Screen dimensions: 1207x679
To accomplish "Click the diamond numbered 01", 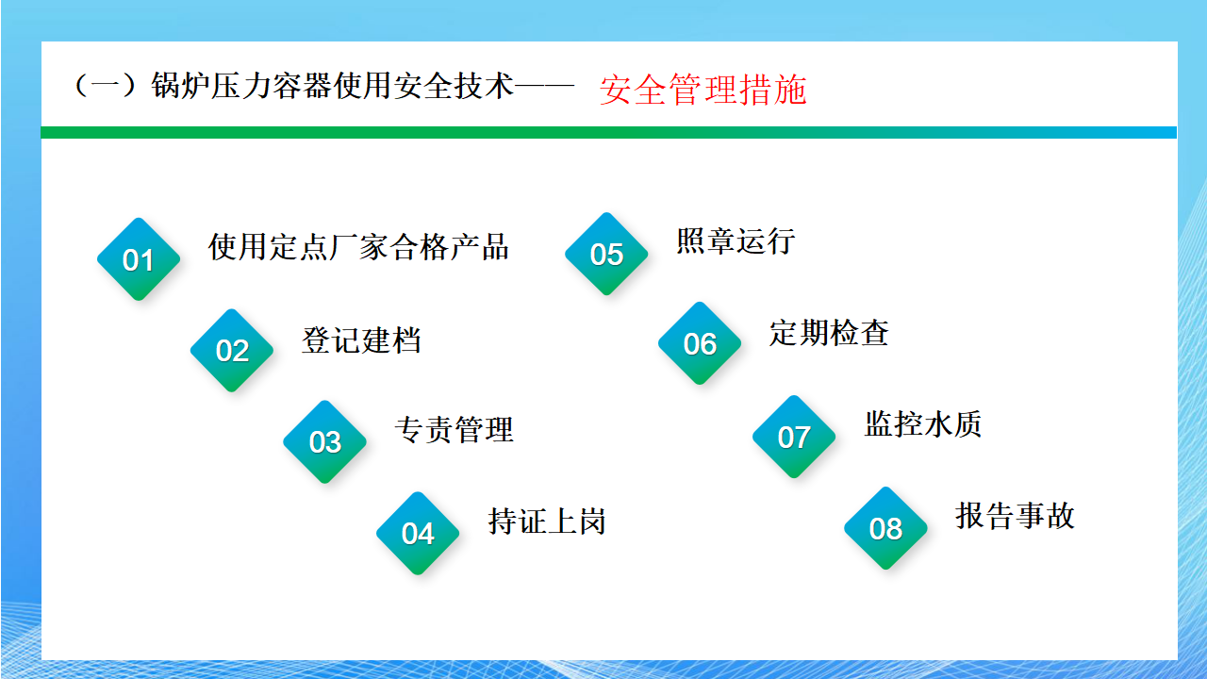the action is pos(139,259).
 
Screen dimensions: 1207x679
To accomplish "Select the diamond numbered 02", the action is pos(232,350).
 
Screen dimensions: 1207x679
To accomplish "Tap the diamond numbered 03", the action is pos(325,442).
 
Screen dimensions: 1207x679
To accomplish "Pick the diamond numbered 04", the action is pos(418,533).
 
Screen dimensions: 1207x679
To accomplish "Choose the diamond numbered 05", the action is pos(606,254).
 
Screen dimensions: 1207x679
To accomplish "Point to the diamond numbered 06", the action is pos(700,343).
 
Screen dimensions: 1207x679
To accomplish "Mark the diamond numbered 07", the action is pos(794,437).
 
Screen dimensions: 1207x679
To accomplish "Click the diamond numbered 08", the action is pos(885,528).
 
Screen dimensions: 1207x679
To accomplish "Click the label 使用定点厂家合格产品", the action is pos(358,247).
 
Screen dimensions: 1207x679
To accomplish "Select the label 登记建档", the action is pos(361,340).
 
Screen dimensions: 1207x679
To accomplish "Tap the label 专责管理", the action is pos(455,429).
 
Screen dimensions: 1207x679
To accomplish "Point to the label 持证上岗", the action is pos(547,522).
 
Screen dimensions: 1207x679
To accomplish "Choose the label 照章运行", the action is pos(736,240).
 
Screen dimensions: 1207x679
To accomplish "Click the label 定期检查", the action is pos(829,332).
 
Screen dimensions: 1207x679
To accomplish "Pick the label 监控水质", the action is pos(923,423).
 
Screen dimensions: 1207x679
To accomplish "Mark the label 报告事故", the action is pos(1016,515).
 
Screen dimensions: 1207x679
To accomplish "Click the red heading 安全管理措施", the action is pos(703,90).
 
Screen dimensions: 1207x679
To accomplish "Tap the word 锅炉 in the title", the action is pos(181,86).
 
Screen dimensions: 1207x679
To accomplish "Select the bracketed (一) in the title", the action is pos(105,86).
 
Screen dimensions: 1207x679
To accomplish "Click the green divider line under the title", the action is pos(609,133).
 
